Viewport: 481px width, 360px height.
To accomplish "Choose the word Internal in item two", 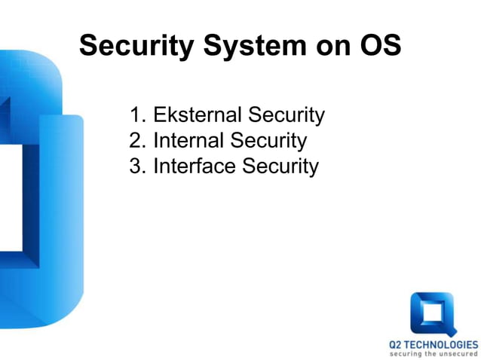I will [189, 140].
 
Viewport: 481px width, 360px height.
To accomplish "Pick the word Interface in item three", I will [195, 166].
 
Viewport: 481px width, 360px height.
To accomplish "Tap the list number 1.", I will [136, 115].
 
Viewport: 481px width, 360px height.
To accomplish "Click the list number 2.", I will [136, 140].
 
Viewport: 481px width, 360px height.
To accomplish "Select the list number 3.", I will [136, 166].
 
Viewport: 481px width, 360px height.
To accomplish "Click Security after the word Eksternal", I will [286, 115].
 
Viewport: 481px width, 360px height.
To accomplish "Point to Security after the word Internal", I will [269, 140].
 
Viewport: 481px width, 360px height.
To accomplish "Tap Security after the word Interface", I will [280, 166].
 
